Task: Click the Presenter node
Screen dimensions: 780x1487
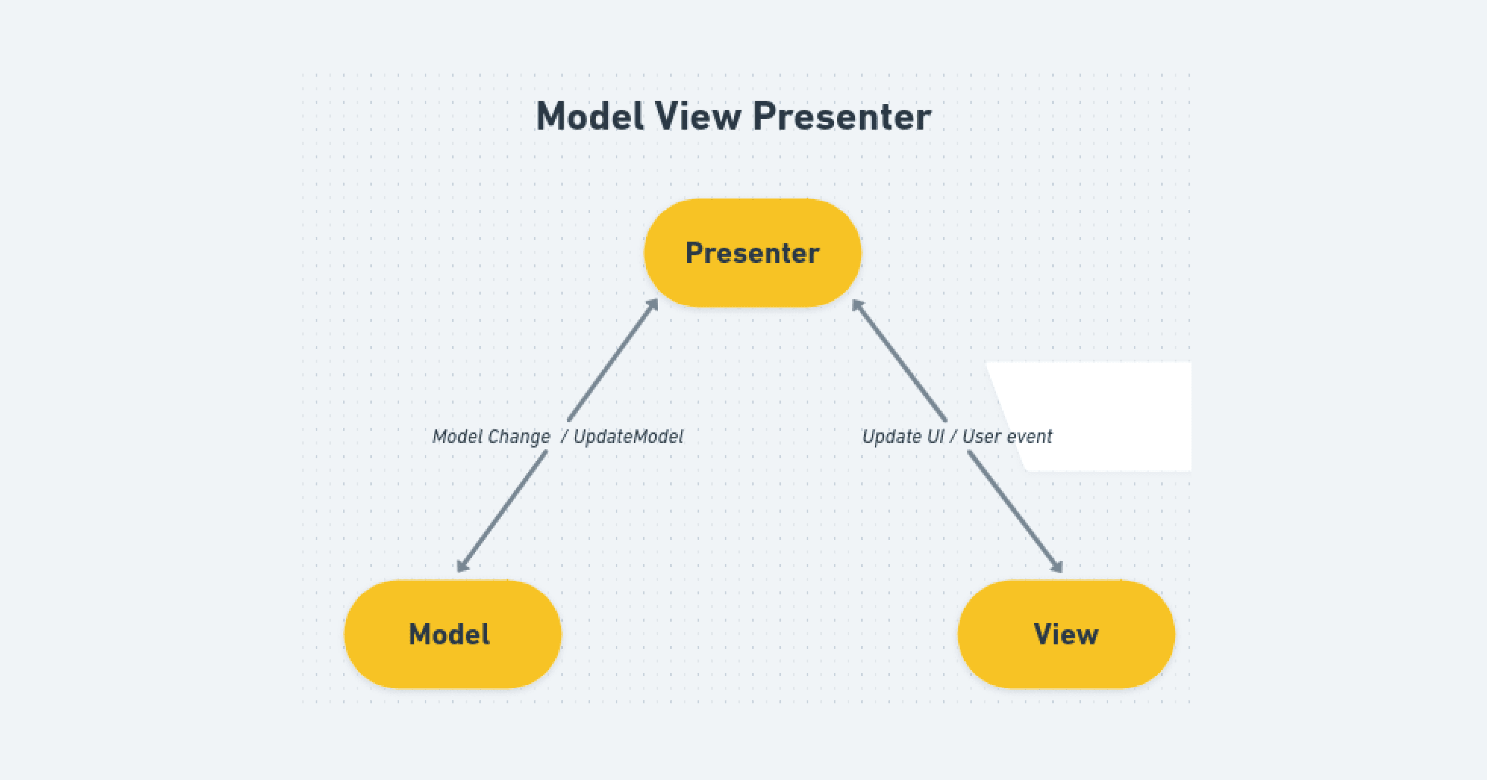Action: click(752, 253)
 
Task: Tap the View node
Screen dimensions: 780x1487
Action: click(1066, 634)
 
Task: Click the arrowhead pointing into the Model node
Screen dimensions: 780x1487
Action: click(462, 565)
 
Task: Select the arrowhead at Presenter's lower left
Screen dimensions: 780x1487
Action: click(653, 304)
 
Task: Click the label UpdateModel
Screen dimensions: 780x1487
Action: click(628, 437)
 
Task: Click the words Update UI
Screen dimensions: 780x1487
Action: click(903, 437)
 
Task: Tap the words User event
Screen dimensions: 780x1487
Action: click(1007, 437)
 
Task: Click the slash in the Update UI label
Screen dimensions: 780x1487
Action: click(953, 437)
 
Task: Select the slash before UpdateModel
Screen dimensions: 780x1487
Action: click(564, 437)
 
